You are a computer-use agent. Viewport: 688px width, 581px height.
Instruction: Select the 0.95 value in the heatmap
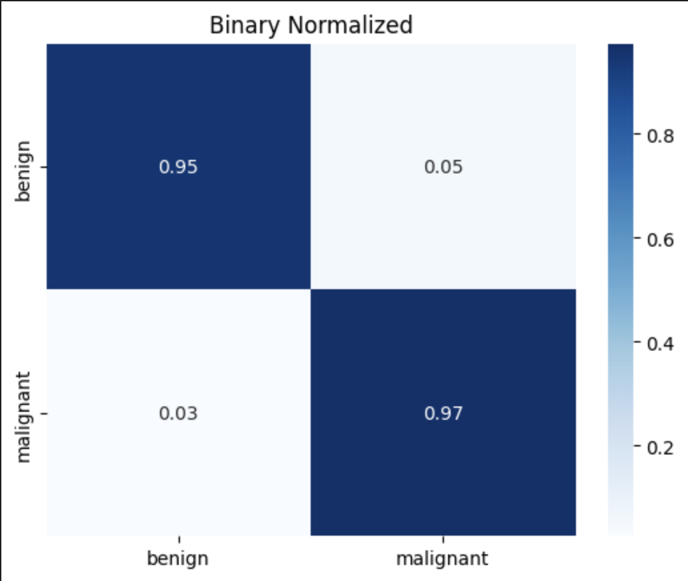coord(178,167)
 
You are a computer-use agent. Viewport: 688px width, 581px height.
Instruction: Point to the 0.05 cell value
coord(443,167)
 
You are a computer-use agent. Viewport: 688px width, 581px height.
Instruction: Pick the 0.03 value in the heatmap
coord(178,413)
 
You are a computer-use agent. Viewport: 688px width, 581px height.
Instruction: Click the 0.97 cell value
coord(443,413)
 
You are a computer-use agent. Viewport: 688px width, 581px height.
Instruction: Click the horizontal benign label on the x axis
coord(178,558)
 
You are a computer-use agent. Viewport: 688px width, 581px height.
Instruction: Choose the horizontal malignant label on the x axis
coord(443,558)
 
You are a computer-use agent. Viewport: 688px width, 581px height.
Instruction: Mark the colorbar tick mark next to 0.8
coord(637,135)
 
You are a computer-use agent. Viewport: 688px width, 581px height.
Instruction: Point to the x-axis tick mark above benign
coord(179,538)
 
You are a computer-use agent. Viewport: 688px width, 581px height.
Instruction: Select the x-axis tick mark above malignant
coord(443,538)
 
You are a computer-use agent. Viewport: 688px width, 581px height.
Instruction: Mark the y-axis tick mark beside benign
coord(43,167)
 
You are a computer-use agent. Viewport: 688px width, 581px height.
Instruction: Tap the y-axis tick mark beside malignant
coord(43,414)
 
